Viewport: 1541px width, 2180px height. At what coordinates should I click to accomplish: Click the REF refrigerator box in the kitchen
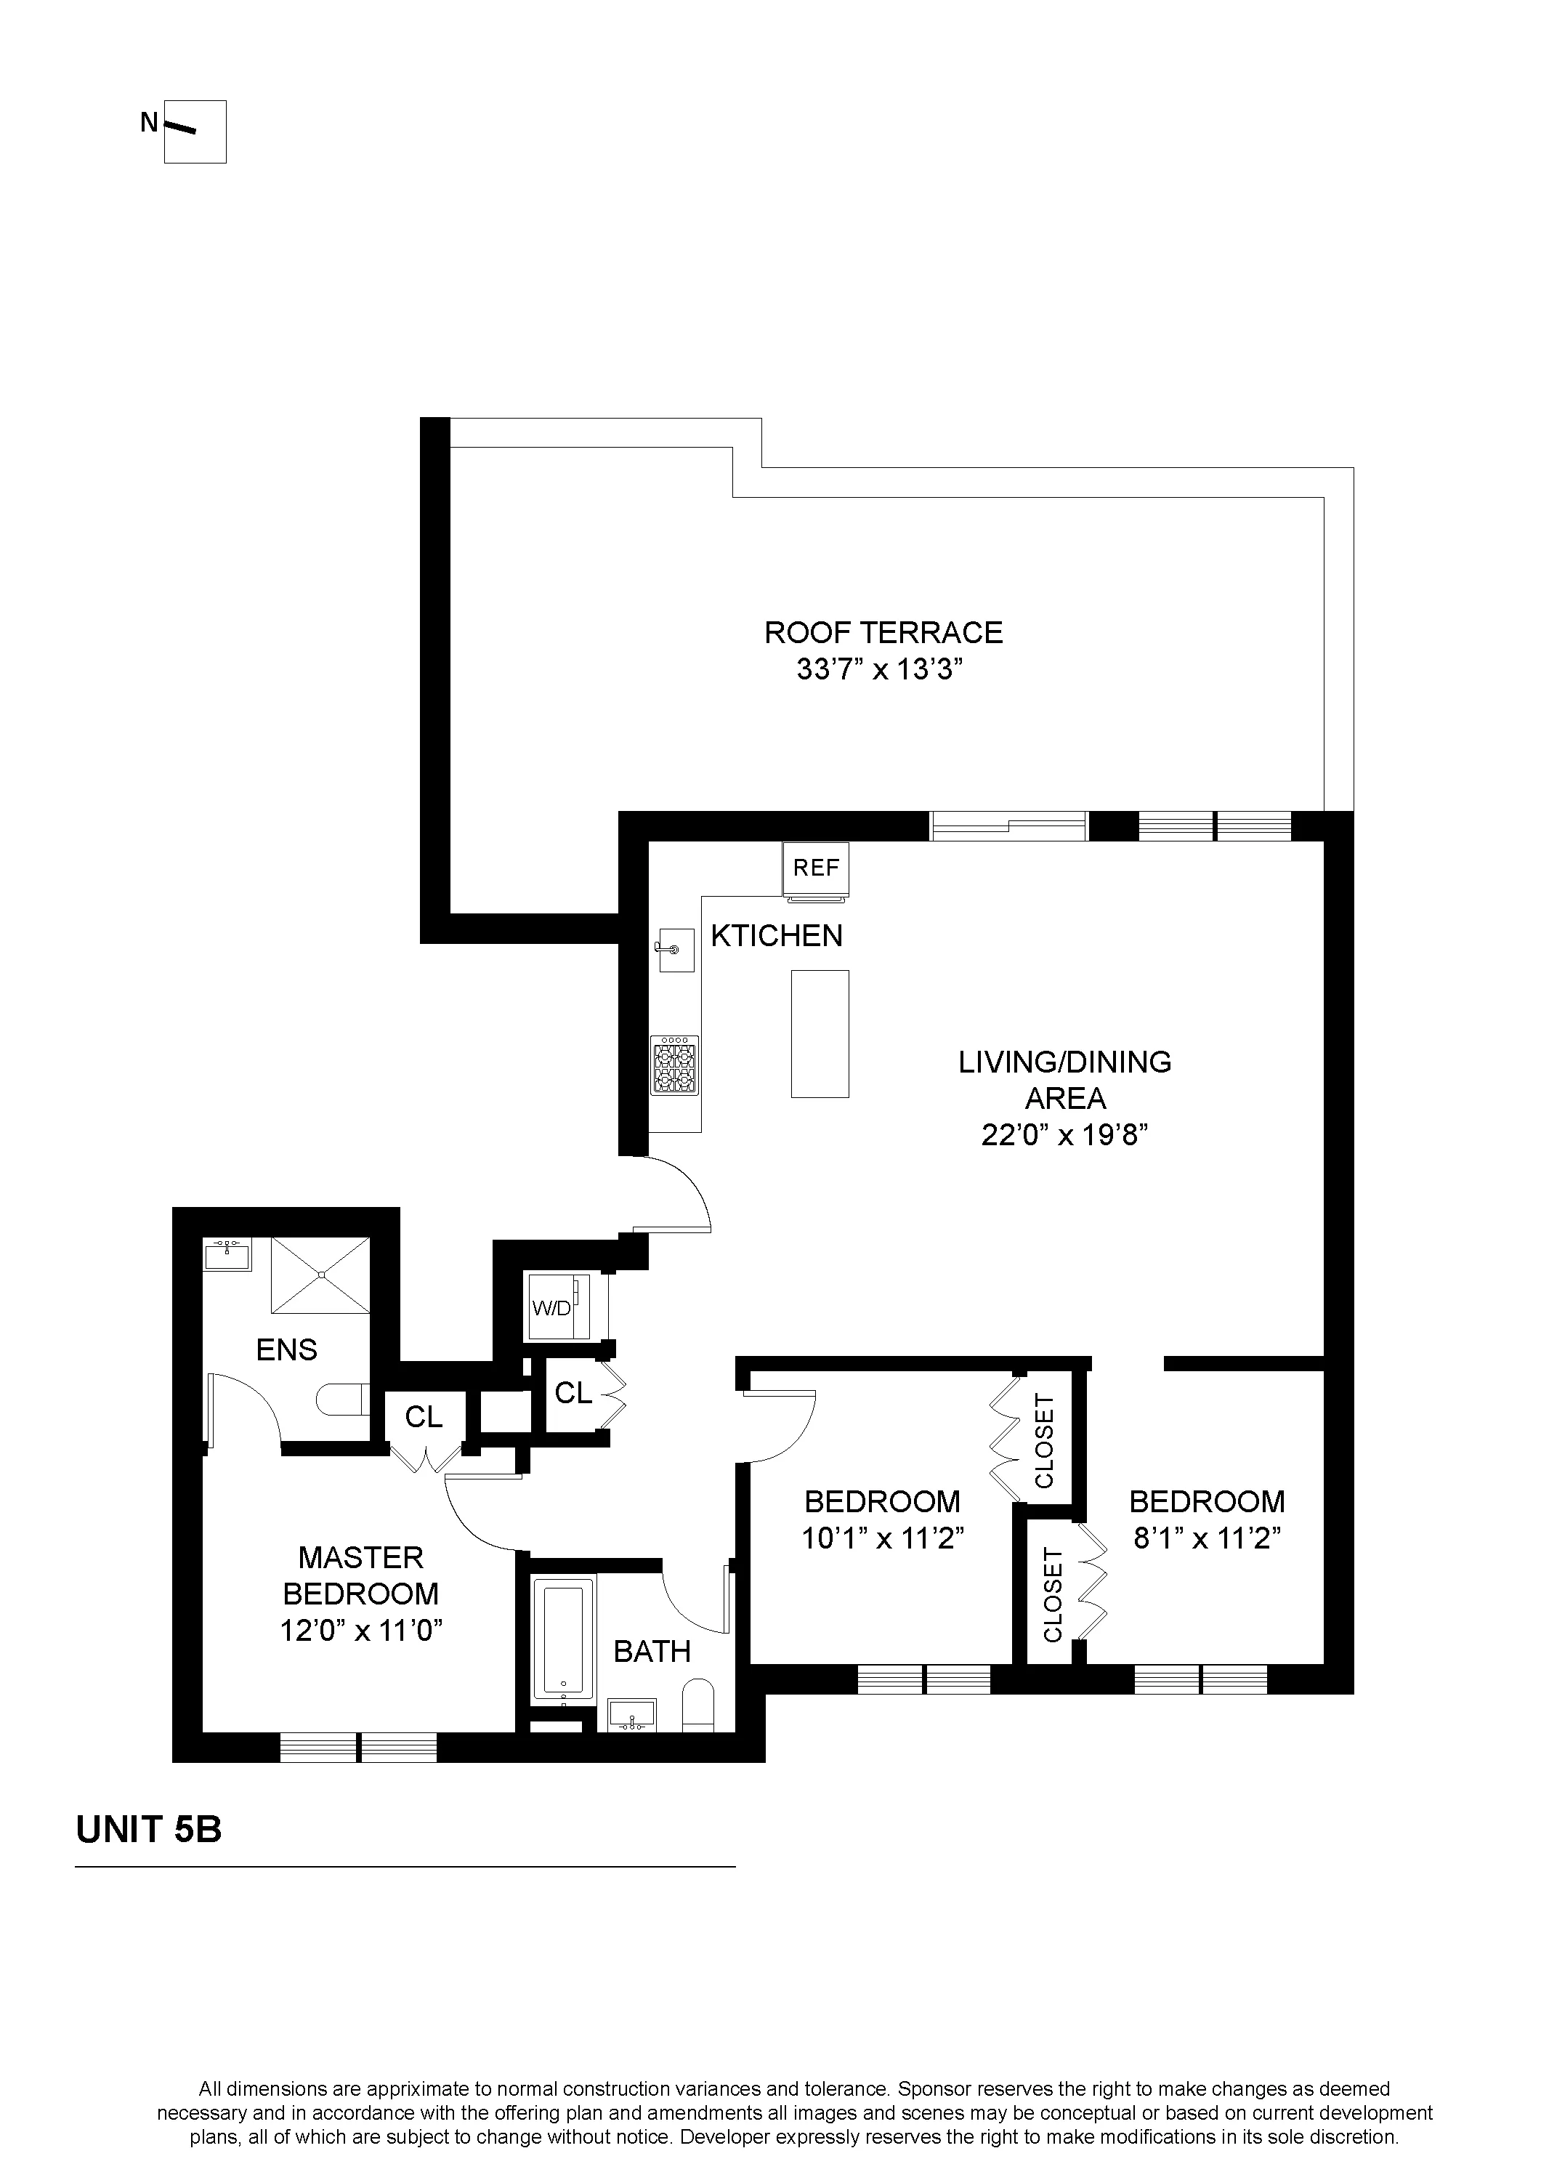pyautogui.click(x=816, y=868)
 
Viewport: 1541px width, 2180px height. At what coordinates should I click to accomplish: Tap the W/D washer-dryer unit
pyautogui.click(x=557, y=1309)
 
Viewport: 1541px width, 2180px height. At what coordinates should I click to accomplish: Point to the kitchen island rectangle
pyautogui.click(x=820, y=1033)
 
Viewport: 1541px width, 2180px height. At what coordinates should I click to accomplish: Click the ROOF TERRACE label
pyautogui.click(x=883, y=632)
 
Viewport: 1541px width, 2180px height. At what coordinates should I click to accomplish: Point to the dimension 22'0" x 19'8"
pyautogui.click(x=1064, y=1136)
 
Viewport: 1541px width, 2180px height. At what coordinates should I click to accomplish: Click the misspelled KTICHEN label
pyautogui.click(x=777, y=936)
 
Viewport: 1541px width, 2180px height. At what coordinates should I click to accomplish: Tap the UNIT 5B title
pyautogui.click(x=148, y=1830)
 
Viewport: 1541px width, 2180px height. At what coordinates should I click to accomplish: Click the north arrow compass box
pyautogui.click(x=195, y=132)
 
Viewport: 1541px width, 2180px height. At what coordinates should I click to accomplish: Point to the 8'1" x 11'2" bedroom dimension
pyautogui.click(x=1207, y=1538)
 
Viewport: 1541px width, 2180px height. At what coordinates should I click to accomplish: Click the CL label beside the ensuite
pyautogui.click(x=424, y=1416)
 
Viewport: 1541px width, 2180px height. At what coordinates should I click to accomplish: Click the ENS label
pyautogui.click(x=287, y=1349)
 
